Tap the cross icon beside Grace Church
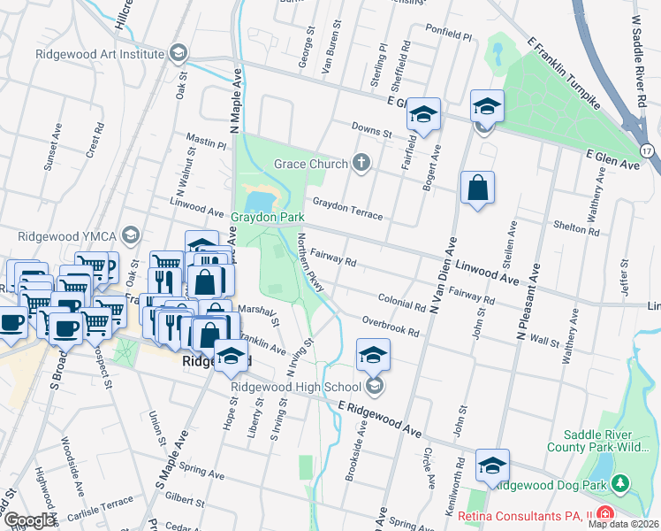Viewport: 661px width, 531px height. click(361, 162)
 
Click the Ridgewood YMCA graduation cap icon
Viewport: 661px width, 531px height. click(132, 235)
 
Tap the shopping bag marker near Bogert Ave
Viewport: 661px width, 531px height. click(477, 189)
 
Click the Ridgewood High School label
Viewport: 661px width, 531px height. click(295, 387)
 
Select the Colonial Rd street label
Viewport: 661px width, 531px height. click(401, 302)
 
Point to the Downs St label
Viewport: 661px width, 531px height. click(371, 132)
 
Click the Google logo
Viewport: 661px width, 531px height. click(29, 520)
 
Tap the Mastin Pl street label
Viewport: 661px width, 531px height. click(206, 140)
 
